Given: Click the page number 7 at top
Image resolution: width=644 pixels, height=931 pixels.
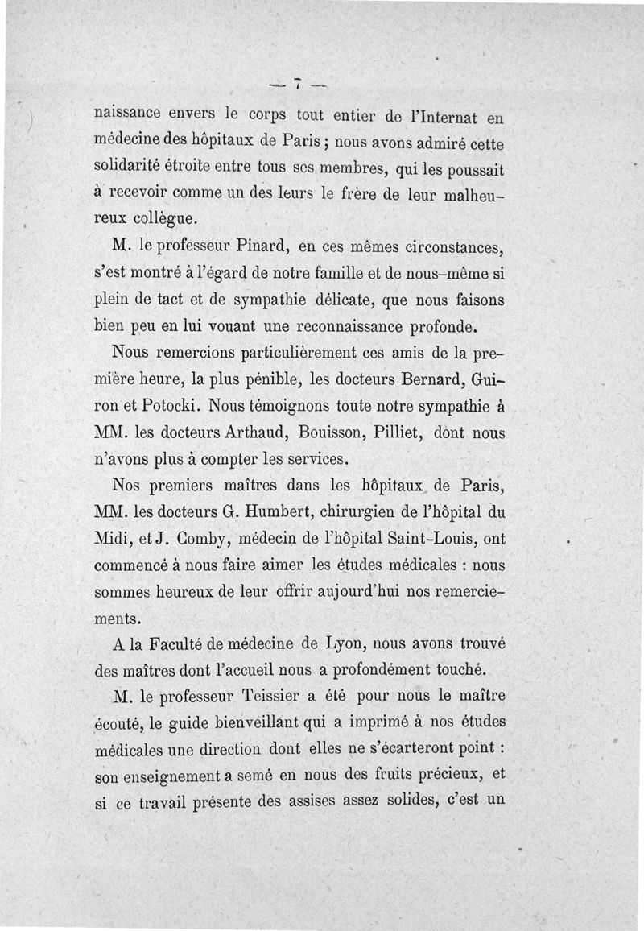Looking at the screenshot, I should [x=297, y=83].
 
